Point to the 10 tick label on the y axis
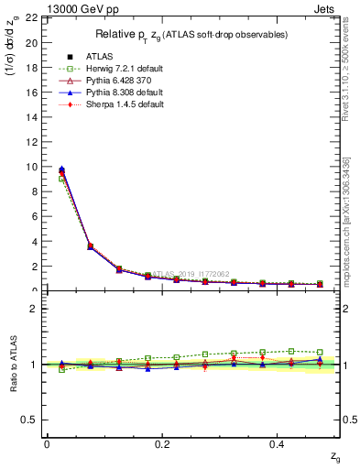30,167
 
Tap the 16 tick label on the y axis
30,93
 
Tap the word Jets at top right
327,8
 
